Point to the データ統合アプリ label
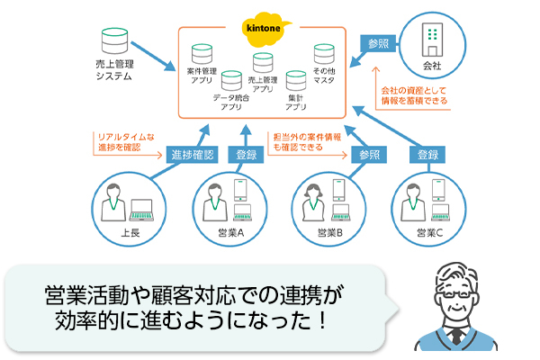pyautogui.click(x=231, y=100)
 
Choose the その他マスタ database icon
pyautogui.click(x=325, y=54)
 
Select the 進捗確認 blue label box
pyautogui.click(x=193, y=155)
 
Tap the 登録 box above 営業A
pyautogui.click(x=246, y=155)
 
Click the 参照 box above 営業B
pyautogui.click(x=370, y=155)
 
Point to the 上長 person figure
pyautogui.click(x=114, y=203)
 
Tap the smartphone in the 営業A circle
pyautogui.click(x=241, y=190)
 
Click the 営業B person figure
pyautogui.click(x=316, y=203)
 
